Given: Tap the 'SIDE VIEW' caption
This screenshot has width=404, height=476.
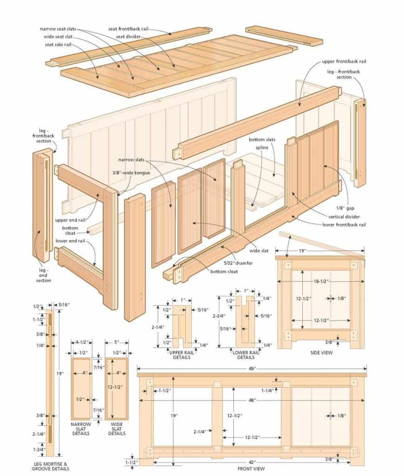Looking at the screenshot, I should [x=321, y=353].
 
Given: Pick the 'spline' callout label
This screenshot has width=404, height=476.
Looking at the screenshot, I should [x=262, y=148].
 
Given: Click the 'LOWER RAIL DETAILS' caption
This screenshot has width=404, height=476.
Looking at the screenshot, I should [x=245, y=355].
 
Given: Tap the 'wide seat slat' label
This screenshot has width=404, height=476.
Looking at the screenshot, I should [x=58, y=37].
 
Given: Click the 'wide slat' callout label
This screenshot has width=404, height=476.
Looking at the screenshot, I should [x=259, y=251].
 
